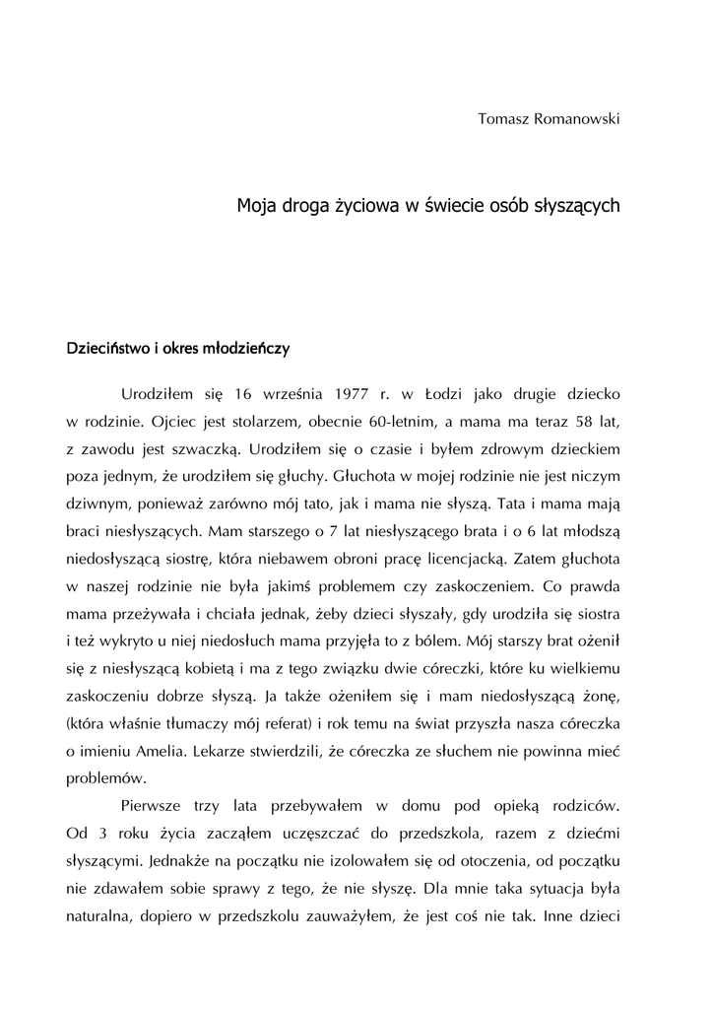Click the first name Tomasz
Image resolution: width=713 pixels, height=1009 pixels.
click(502, 119)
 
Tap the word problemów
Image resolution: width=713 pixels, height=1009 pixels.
click(105, 777)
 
